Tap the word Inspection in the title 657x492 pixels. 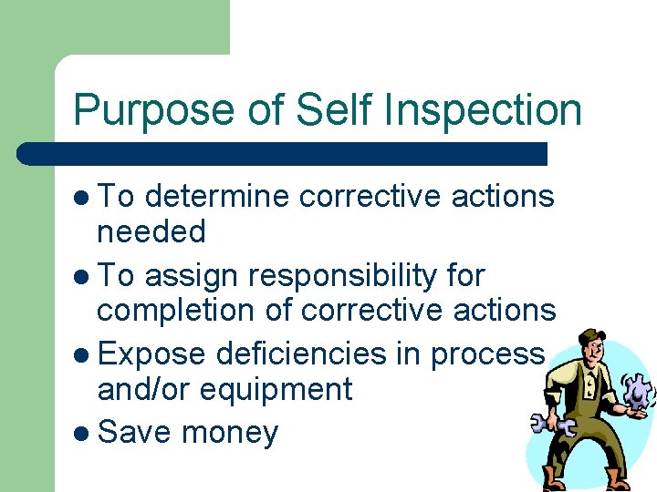tap(484, 111)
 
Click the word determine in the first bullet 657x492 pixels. tap(216, 195)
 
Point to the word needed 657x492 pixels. tap(151, 232)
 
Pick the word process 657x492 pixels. tap(488, 352)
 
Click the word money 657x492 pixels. tap(229, 431)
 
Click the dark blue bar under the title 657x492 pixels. tap(283, 153)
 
